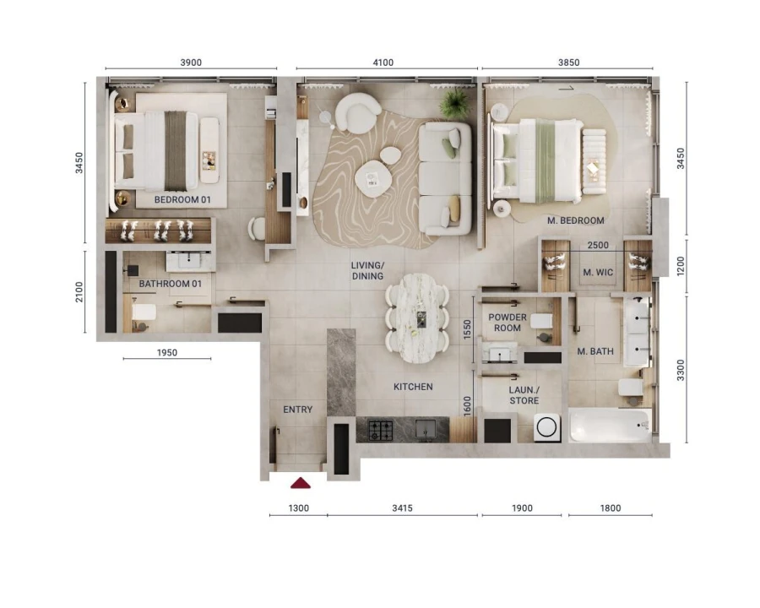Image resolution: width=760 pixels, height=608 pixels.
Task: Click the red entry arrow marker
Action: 301,483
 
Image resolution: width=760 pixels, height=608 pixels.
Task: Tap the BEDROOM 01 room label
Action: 182,200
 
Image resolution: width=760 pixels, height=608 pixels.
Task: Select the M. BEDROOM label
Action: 575,220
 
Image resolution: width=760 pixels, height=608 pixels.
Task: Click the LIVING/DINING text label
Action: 367,270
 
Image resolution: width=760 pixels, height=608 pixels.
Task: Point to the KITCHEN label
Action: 413,387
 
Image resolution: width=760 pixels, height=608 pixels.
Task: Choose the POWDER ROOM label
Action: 508,323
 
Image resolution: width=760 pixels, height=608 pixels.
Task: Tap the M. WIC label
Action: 598,272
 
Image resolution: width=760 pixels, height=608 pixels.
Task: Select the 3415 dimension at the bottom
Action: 402,508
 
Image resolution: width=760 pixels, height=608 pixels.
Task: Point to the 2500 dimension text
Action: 597,246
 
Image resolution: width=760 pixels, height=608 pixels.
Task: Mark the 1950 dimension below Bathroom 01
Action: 167,353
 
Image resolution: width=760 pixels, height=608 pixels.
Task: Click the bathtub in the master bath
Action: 611,426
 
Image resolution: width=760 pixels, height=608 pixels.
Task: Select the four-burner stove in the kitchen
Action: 375,430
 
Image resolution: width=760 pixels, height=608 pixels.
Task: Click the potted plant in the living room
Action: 454,103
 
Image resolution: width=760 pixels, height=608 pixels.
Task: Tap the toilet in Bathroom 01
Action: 142,315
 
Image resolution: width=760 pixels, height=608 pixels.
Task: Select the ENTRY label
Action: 297,410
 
